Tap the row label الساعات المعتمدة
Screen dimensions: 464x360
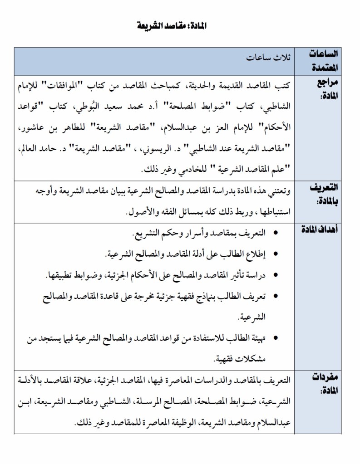click(324, 61)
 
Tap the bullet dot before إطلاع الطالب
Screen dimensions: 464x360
click(276, 254)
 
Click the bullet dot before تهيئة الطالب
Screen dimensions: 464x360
click(276, 337)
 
